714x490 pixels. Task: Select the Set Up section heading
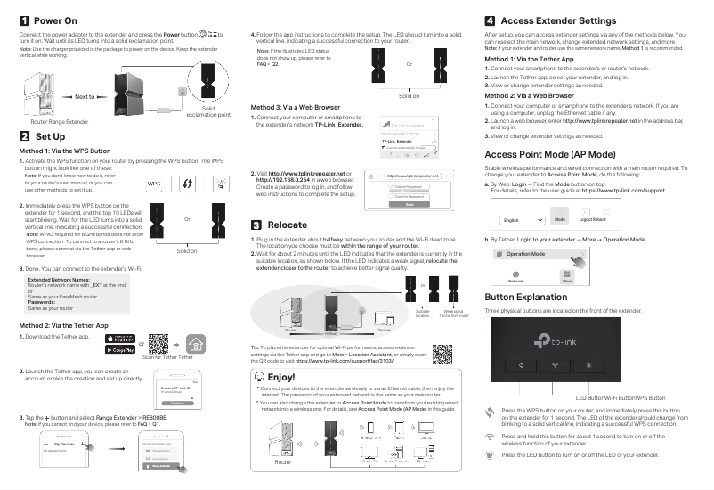tap(50, 137)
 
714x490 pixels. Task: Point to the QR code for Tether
tap(159, 343)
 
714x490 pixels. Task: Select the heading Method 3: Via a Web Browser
tap(299, 107)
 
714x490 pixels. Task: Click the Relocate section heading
tap(287, 225)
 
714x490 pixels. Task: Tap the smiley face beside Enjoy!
tap(259, 377)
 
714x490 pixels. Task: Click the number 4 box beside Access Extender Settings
tap(489, 20)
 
